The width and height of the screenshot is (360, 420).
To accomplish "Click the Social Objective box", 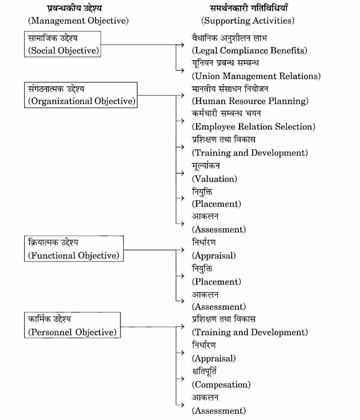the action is [x=62, y=44].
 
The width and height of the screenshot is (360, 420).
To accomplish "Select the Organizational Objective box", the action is [x=81, y=95].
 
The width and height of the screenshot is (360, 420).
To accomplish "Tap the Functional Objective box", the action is [x=74, y=249].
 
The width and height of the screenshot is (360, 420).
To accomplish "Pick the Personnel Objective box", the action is [x=72, y=325].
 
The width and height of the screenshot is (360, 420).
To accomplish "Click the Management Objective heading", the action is [x=78, y=21].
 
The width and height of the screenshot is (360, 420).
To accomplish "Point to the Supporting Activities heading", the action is [x=248, y=21].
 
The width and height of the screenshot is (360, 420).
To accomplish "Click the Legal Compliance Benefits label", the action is [x=250, y=50].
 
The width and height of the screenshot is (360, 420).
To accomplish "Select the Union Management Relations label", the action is [x=256, y=76].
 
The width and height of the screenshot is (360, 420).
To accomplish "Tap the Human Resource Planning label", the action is [x=250, y=101].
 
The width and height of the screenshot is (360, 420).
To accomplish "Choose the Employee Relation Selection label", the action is [x=253, y=126].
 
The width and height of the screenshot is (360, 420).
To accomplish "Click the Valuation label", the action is [x=214, y=179].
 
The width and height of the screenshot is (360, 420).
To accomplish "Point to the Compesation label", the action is [x=221, y=385].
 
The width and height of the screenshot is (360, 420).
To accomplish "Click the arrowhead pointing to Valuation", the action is [x=182, y=173].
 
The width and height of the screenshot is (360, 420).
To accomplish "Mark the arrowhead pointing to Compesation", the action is [x=182, y=379].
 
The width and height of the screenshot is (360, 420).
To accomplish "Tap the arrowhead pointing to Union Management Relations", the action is [x=182, y=70].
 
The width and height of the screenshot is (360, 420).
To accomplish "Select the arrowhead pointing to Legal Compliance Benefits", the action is [x=182, y=45].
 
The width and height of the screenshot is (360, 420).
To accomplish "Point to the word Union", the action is [x=207, y=76].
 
